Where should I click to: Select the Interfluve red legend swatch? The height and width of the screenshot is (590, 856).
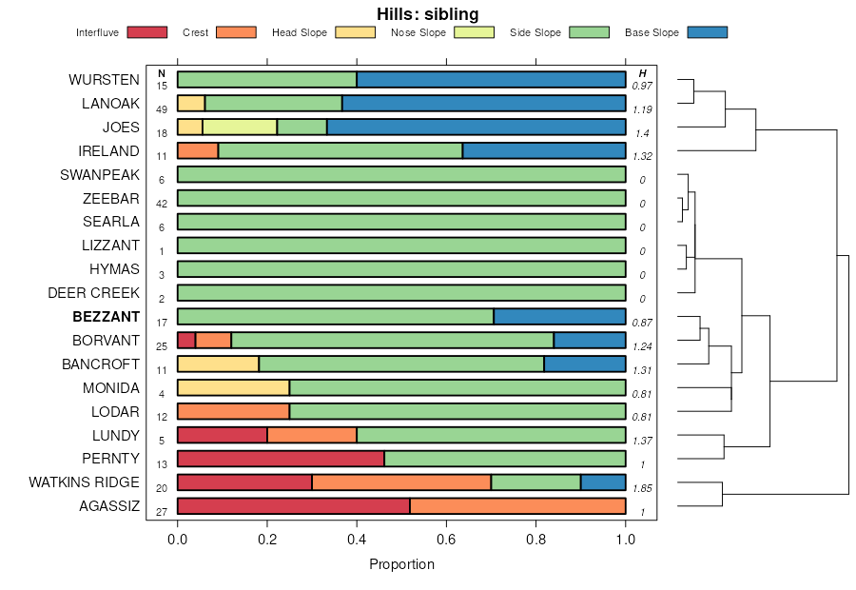(146, 32)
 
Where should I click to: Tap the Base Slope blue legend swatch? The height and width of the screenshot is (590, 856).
(706, 32)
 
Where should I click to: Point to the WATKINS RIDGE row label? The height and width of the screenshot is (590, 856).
(84, 482)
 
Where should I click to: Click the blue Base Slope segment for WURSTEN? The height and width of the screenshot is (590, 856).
(491, 80)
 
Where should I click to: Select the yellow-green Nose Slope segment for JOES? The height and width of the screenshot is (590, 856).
(240, 128)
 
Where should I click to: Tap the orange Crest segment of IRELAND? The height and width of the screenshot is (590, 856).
(198, 150)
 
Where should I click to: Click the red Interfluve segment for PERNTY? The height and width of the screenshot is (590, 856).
(281, 459)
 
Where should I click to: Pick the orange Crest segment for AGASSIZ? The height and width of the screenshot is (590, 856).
(517, 506)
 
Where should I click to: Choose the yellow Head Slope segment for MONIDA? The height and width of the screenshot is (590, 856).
(233, 388)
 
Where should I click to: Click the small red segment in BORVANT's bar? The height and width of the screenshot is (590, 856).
(186, 341)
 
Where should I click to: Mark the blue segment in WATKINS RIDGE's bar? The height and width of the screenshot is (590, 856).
(603, 482)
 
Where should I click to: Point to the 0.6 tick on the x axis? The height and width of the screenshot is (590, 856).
(447, 539)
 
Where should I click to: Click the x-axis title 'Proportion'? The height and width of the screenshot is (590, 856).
(401, 564)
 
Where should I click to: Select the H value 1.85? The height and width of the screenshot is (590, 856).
(642, 488)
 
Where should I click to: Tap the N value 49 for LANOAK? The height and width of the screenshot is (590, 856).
(162, 109)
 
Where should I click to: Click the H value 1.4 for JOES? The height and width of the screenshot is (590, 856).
(642, 133)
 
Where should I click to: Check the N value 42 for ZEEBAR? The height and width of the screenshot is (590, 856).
(162, 204)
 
